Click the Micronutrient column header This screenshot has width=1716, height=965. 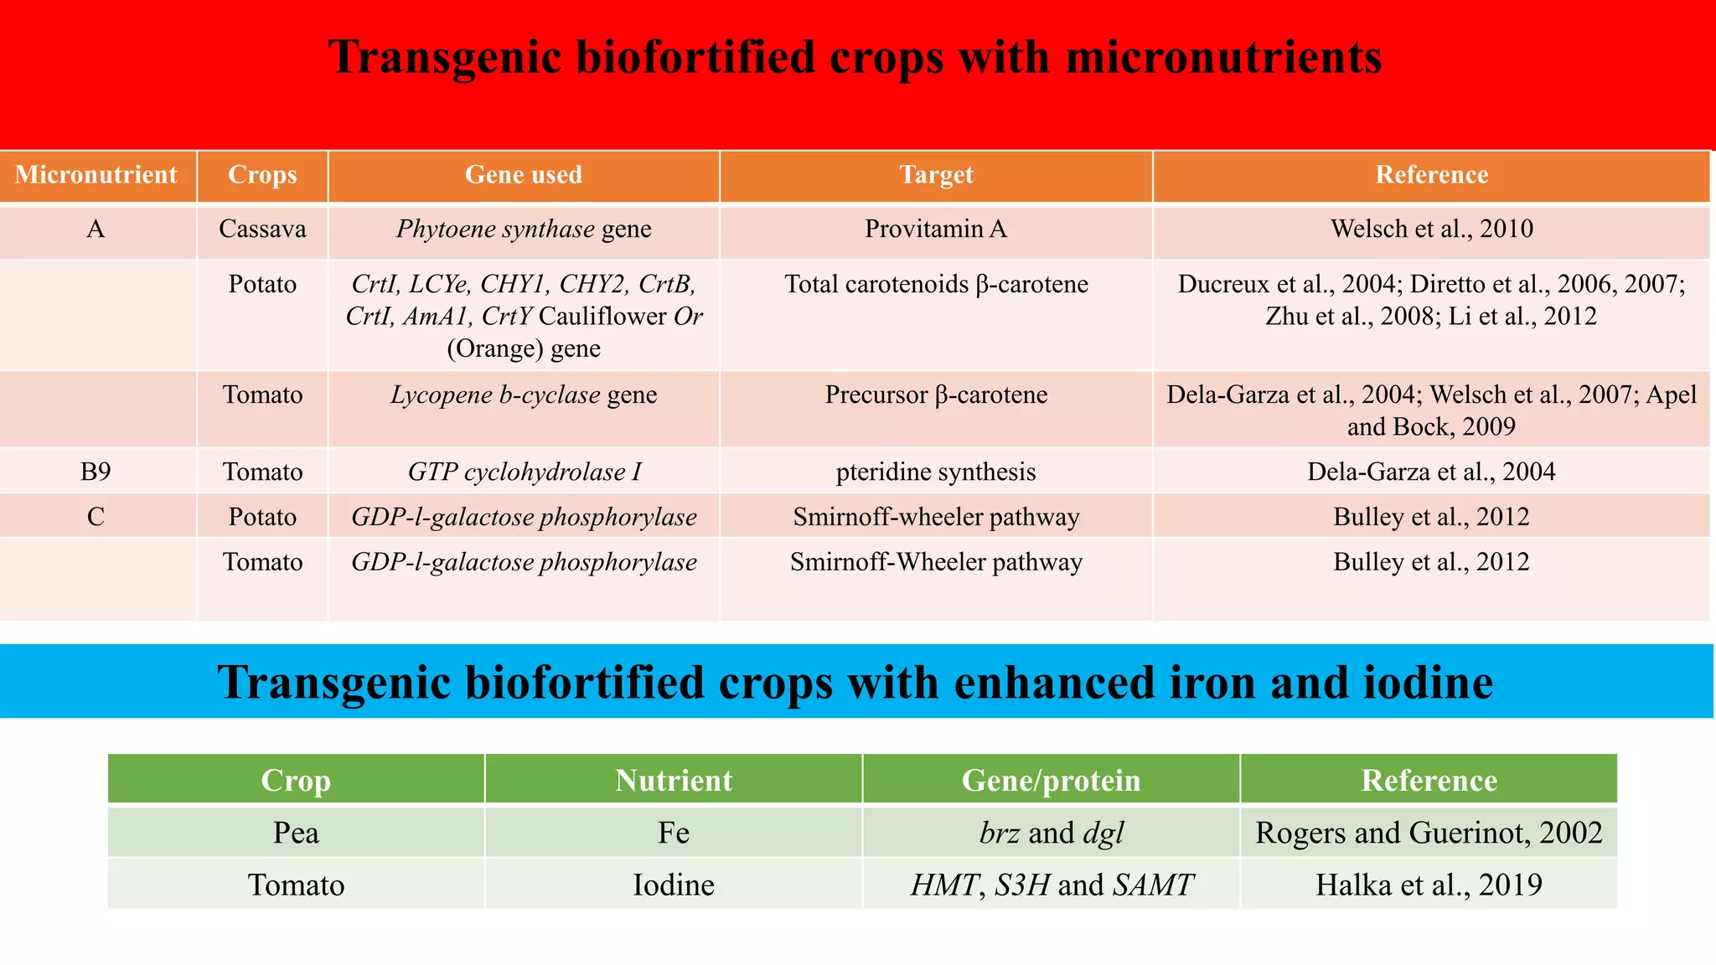coord(96,175)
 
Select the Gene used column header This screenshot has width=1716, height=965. coord(524,175)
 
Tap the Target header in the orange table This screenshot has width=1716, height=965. coord(936,175)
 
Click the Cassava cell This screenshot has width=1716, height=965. coord(262,230)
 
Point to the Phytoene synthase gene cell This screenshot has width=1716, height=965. coord(524,230)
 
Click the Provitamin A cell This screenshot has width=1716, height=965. coord(936,230)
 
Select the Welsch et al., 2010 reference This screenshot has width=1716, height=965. coord(1431,230)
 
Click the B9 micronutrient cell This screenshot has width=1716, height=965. coord(96,472)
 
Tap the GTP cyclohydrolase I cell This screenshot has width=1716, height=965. coord(524,472)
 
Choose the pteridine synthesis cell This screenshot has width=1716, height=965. coord(936,472)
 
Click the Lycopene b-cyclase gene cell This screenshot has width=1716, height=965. coord(524,395)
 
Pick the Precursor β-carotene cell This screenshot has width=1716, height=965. coord(936,395)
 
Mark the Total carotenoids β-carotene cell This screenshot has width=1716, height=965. coord(936,285)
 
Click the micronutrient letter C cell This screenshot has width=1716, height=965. coord(96,517)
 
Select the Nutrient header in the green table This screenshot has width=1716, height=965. coord(674,781)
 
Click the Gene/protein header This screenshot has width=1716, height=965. coord(1051,781)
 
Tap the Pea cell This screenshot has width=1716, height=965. coord(296,833)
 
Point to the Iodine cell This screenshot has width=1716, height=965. coord(674,885)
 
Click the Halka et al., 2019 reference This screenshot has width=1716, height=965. coord(1429,885)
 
